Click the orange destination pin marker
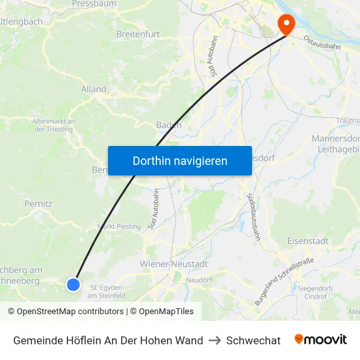tap(286, 24)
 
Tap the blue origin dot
tap(73, 284)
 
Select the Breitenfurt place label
tap(137, 33)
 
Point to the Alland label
tap(94, 89)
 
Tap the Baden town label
tap(169, 125)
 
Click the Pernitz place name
tap(38, 204)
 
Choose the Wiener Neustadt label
tap(173, 264)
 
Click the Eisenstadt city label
tap(308, 241)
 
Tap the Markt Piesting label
tap(118, 226)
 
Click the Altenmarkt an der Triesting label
tap(54, 125)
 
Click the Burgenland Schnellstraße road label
tap(284, 281)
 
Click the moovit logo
tap(320, 340)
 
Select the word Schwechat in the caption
tap(253, 340)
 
